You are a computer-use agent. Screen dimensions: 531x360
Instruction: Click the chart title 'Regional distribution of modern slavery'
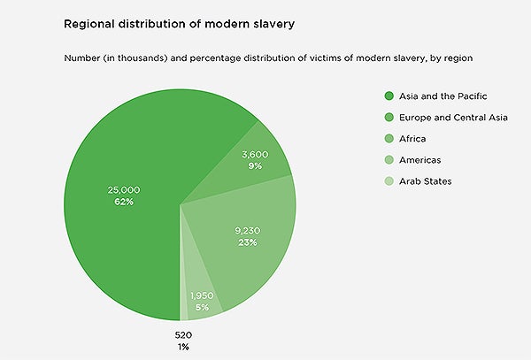click(179, 25)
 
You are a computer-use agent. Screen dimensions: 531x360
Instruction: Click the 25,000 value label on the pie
click(124, 190)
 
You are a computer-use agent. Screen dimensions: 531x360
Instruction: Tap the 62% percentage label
click(124, 202)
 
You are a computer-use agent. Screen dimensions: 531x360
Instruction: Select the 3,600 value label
click(255, 155)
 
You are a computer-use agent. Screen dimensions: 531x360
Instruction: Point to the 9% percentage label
click(255, 166)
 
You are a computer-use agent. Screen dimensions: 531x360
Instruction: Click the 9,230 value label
click(248, 231)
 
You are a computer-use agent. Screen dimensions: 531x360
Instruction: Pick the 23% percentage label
click(248, 242)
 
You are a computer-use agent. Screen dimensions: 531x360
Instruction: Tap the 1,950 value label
click(202, 296)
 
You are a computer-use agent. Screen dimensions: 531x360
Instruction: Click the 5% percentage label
click(202, 308)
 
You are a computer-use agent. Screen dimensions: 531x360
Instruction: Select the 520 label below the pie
click(183, 335)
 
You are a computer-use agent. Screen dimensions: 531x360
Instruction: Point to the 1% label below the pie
click(183, 347)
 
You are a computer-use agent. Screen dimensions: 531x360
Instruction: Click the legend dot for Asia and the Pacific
click(389, 96)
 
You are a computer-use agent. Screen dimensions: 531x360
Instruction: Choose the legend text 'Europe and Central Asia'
click(453, 118)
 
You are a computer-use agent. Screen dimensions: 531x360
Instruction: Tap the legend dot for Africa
click(389, 138)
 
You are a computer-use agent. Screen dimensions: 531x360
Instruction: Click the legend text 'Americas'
click(419, 160)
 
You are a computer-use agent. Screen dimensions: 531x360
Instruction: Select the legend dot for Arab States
click(389, 181)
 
